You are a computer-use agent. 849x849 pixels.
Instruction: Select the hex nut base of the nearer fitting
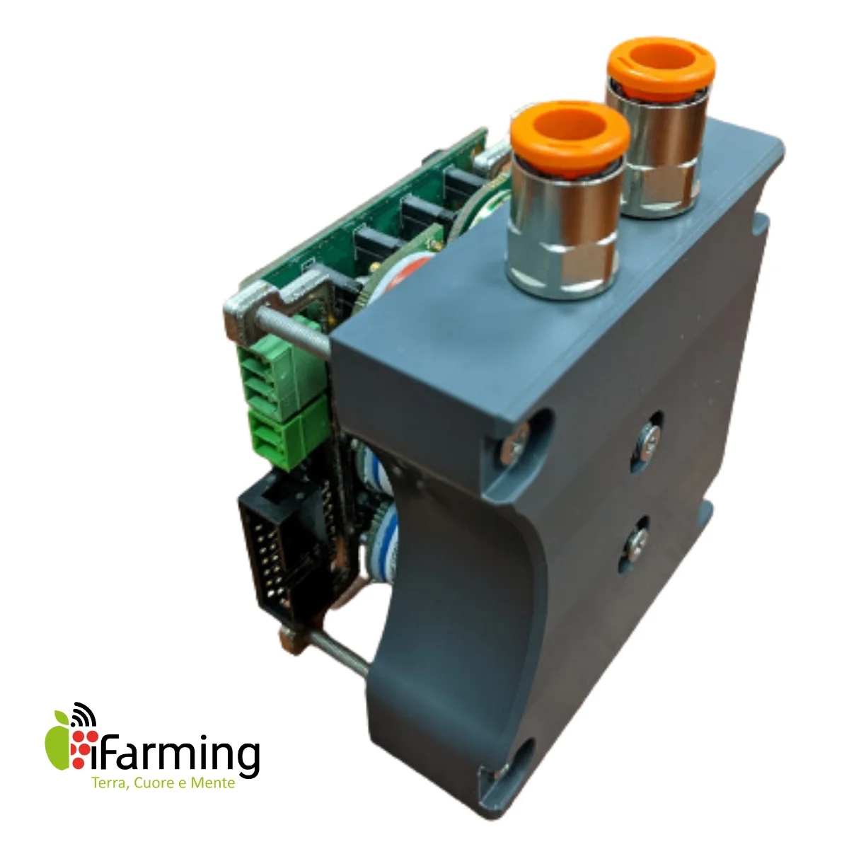click(x=559, y=265)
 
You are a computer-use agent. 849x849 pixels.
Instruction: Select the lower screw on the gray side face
click(x=635, y=541)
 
